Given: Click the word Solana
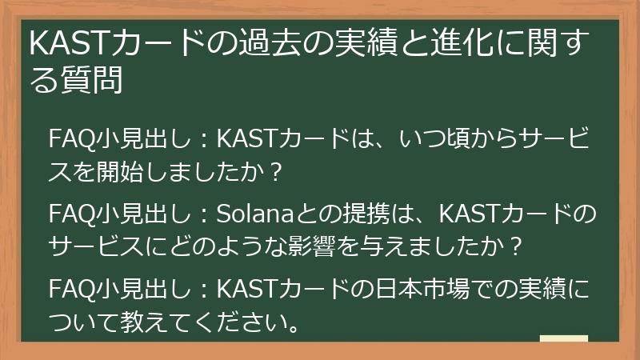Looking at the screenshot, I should pos(251,215).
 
